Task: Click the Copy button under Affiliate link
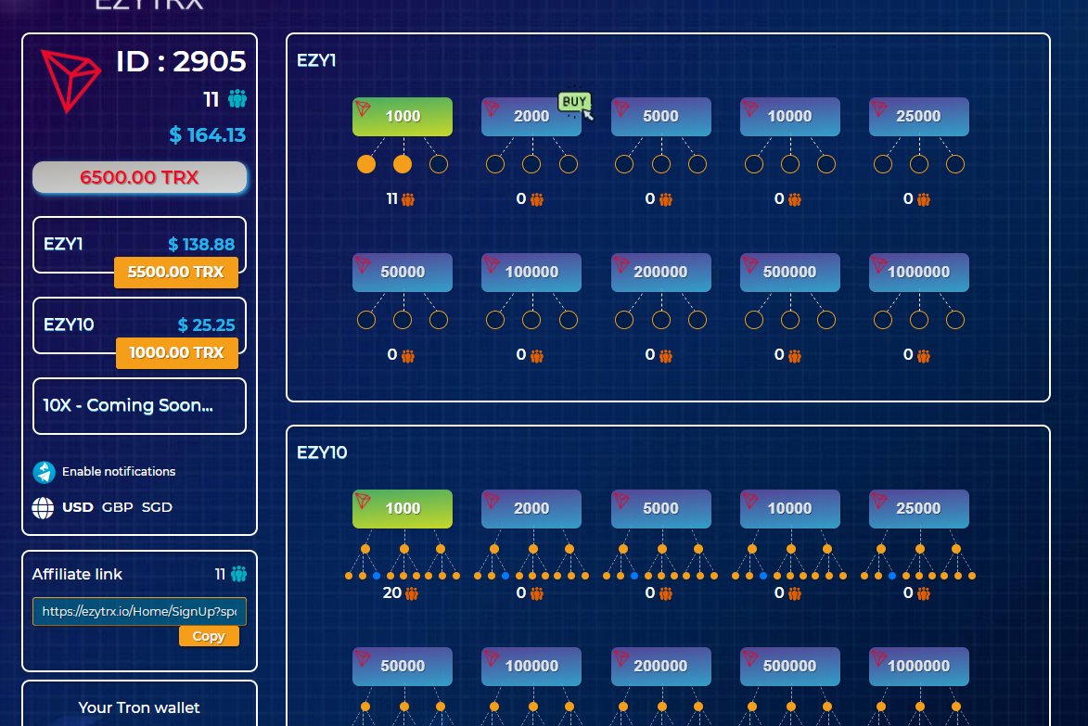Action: tap(209, 636)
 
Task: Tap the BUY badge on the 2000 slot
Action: tap(574, 101)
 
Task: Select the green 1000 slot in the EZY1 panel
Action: tap(403, 117)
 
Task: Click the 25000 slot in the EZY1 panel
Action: tap(919, 117)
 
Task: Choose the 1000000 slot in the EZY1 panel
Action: tap(919, 273)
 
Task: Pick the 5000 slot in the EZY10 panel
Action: tap(660, 509)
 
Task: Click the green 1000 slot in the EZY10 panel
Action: tap(403, 509)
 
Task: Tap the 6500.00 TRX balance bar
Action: tap(139, 177)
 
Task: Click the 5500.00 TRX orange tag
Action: tap(176, 274)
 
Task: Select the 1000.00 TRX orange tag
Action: tap(176, 353)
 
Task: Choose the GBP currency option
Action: tap(117, 507)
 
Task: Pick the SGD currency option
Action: tap(157, 507)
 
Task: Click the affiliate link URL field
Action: tap(139, 612)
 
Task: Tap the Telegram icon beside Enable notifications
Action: tap(44, 472)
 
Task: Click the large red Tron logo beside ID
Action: tap(70, 81)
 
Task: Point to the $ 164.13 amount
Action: tap(208, 135)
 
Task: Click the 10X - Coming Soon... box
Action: tap(139, 406)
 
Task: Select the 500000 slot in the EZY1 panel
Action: tap(790, 273)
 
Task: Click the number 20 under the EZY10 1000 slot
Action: tap(391, 593)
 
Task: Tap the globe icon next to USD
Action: tap(43, 508)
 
